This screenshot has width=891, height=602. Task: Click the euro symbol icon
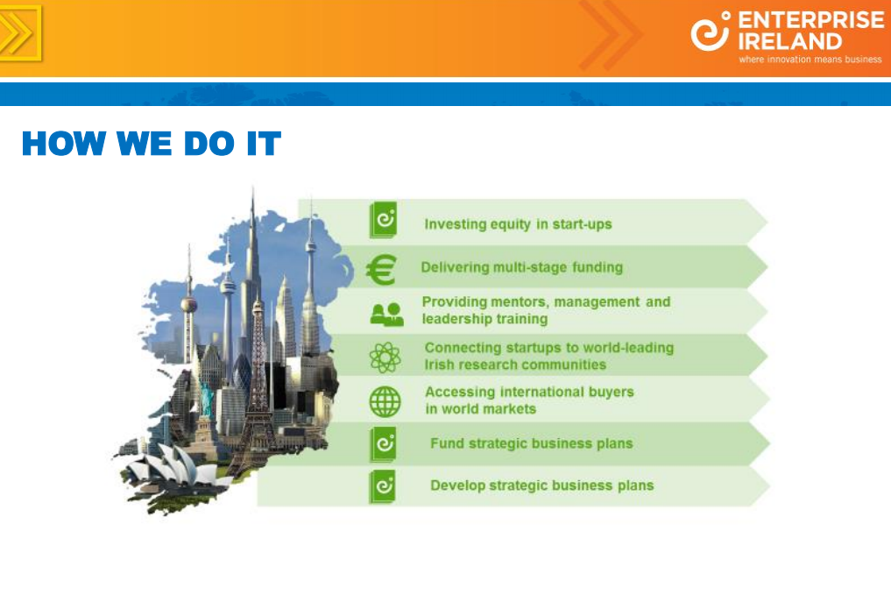click(x=381, y=269)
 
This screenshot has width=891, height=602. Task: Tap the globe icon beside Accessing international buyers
click(x=385, y=401)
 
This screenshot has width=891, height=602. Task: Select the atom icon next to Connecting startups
click(x=385, y=357)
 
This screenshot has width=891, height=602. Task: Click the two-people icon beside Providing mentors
click(x=386, y=315)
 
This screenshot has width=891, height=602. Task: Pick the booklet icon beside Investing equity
click(x=383, y=219)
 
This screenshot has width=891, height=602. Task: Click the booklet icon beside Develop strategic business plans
click(x=383, y=486)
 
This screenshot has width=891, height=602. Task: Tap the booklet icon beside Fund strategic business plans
click(x=383, y=443)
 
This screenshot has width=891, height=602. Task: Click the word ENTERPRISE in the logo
click(x=810, y=20)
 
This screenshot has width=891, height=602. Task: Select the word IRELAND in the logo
click(x=790, y=41)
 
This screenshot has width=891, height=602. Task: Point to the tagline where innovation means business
click(x=810, y=59)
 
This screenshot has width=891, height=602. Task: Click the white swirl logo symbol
click(x=710, y=32)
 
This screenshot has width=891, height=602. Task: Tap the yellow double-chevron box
click(x=19, y=33)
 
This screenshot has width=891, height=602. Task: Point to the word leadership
click(x=453, y=319)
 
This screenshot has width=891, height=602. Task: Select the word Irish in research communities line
click(x=439, y=365)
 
